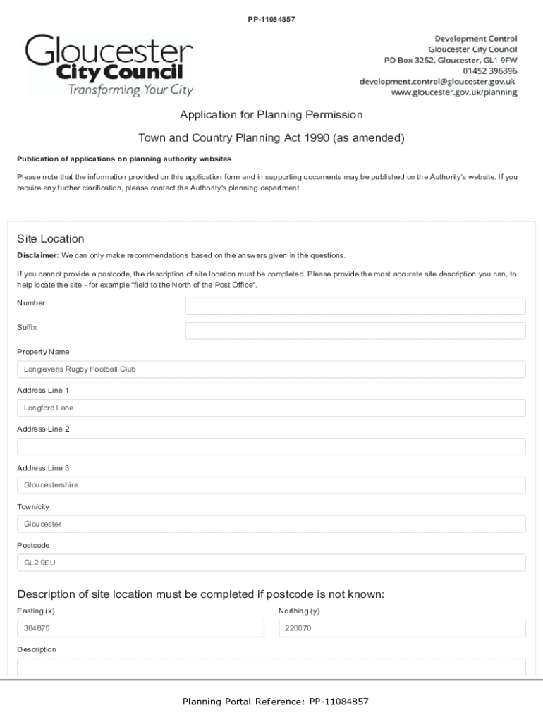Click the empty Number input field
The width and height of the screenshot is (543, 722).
[355, 306]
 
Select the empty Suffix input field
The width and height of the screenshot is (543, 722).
[355, 331]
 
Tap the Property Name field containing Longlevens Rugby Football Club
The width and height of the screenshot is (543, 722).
[271, 369]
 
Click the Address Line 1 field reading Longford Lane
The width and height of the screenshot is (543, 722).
[271, 408]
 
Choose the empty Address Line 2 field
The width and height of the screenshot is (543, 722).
[271, 446]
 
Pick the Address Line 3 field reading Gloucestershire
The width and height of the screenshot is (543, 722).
[271, 485]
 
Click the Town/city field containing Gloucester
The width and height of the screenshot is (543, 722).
[271, 524]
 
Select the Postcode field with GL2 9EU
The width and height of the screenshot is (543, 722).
[271, 563]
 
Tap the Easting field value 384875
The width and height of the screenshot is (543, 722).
[140, 628]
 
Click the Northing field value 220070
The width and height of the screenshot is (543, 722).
[402, 628]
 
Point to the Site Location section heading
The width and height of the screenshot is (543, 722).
[50, 239]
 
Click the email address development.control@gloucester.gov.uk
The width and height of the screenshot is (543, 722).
[437, 82]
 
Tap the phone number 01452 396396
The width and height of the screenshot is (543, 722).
[489, 71]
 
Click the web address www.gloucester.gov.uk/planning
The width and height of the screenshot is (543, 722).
[454, 93]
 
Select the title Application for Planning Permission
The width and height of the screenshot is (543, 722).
[271, 114]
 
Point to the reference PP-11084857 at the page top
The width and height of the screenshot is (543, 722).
[271, 19]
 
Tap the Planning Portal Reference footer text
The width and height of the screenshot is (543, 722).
[275, 702]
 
